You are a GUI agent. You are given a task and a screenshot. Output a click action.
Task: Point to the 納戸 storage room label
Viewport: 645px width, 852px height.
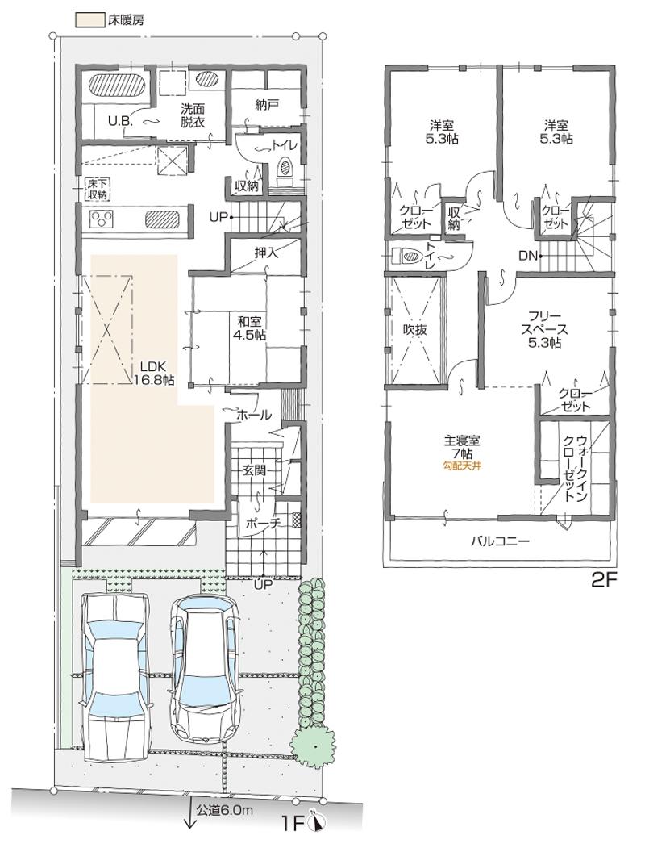pyautogui.click(x=266, y=103)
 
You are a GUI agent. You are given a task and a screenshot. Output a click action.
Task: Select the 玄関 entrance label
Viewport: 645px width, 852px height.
pyautogui.click(x=254, y=470)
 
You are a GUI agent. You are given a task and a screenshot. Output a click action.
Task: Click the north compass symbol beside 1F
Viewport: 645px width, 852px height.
pyautogui.click(x=318, y=823)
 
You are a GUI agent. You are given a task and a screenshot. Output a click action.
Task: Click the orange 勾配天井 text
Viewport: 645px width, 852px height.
pyautogui.click(x=461, y=466)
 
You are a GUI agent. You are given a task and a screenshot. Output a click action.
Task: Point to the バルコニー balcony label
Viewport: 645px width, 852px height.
pyautogui.click(x=500, y=541)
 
